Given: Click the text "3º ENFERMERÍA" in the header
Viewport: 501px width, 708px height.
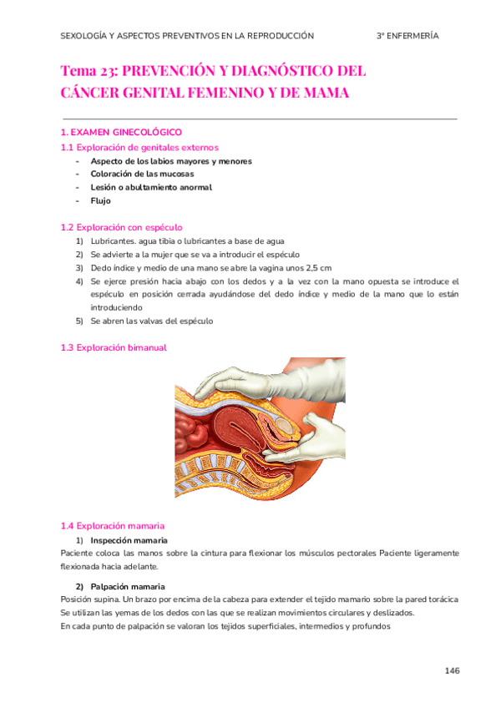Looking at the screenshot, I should (407, 36).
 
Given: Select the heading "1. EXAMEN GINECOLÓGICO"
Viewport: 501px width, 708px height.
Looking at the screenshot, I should (121, 133).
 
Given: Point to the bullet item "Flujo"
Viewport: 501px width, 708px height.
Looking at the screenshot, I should (100, 200).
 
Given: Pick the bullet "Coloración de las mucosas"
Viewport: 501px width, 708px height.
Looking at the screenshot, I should (142, 174).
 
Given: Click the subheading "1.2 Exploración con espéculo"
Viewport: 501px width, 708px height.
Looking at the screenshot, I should (121, 227).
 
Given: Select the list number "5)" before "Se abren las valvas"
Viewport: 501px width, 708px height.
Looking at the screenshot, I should (80, 321).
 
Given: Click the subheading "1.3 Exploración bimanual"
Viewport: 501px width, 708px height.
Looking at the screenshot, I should (114, 347).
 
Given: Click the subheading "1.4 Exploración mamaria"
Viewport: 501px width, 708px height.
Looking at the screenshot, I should (113, 526).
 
